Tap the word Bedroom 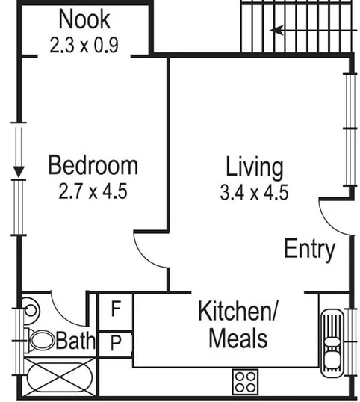coord(93,165)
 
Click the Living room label coord(255,165)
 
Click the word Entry coord(309,249)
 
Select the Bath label coord(76,341)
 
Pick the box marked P coord(117,344)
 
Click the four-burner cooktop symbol coord(245,382)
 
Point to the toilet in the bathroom coord(40,341)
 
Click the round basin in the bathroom coord(31,308)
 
